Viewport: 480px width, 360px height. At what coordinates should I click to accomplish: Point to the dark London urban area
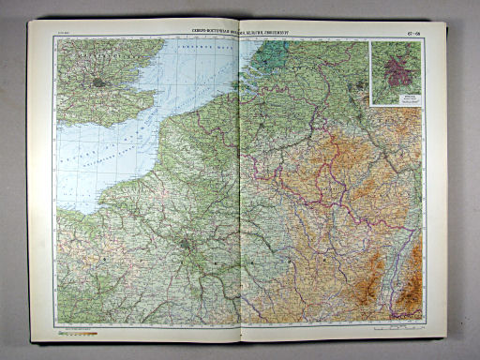98,82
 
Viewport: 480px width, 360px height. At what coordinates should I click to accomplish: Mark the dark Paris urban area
187,247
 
